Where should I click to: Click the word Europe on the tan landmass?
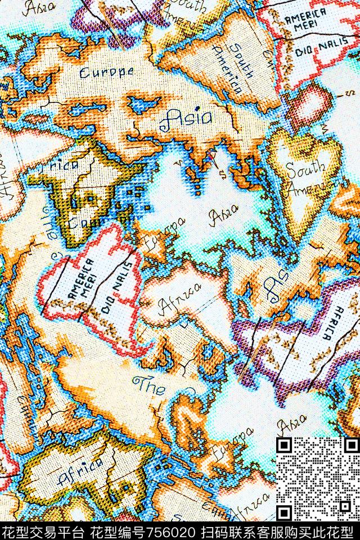coord(106,72)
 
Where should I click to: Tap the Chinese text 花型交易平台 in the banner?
coord(39,532)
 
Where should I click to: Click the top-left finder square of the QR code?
coord(285,446)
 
